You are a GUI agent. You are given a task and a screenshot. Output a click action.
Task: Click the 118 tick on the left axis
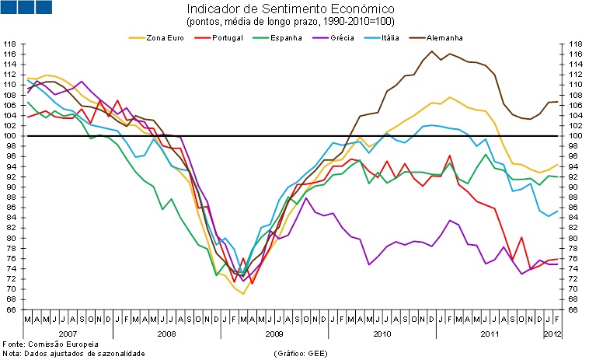click(10, 44)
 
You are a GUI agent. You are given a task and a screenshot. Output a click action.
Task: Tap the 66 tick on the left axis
click(10, 309)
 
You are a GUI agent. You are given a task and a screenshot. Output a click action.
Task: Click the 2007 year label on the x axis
click(68, 334)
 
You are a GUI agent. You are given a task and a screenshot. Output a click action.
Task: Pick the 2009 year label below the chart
click(274, 334)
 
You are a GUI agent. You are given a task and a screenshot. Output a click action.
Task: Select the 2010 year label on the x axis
click(382, 334)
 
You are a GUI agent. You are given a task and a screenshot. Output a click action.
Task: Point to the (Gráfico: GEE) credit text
click(302, 353)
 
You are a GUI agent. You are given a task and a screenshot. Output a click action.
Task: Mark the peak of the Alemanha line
click(431, 51)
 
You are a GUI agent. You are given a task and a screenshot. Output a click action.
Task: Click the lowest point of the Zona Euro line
click(243, 294)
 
